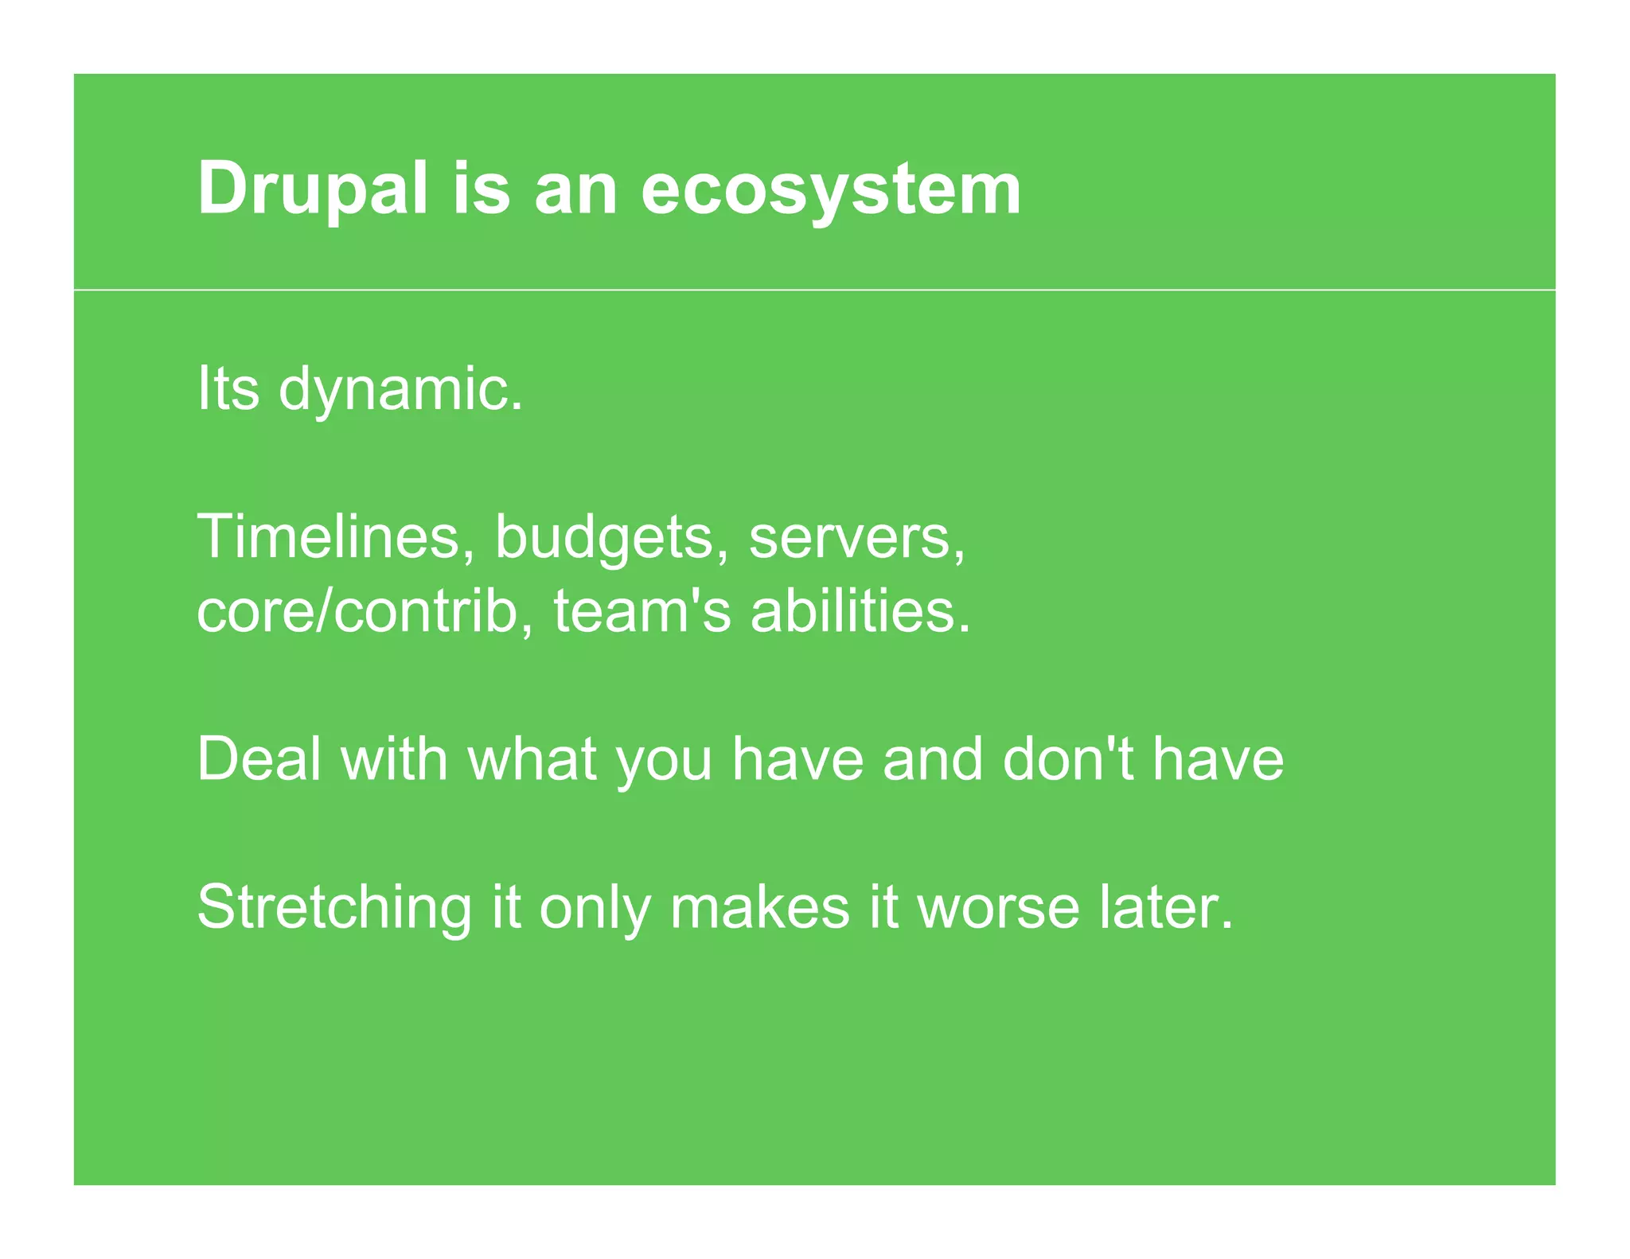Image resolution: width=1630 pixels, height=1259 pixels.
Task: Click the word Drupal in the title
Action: tap(313, 189)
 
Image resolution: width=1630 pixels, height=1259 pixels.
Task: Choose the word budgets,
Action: tap(611, 537)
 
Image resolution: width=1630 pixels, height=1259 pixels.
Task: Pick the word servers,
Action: tap(857, 537)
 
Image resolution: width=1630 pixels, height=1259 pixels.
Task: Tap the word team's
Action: tap(641, 611)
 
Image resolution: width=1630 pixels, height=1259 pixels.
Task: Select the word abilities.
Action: tap(860, 611)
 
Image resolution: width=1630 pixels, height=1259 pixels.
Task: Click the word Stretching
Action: tap(334, 907)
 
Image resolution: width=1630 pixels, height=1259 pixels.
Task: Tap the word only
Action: tap(594, 907)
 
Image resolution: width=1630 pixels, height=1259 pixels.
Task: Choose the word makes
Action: tap(759, 907)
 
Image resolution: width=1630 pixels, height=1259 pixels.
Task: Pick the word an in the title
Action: tap(575, 189)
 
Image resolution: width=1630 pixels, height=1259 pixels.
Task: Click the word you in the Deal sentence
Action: tap(664, 761)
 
